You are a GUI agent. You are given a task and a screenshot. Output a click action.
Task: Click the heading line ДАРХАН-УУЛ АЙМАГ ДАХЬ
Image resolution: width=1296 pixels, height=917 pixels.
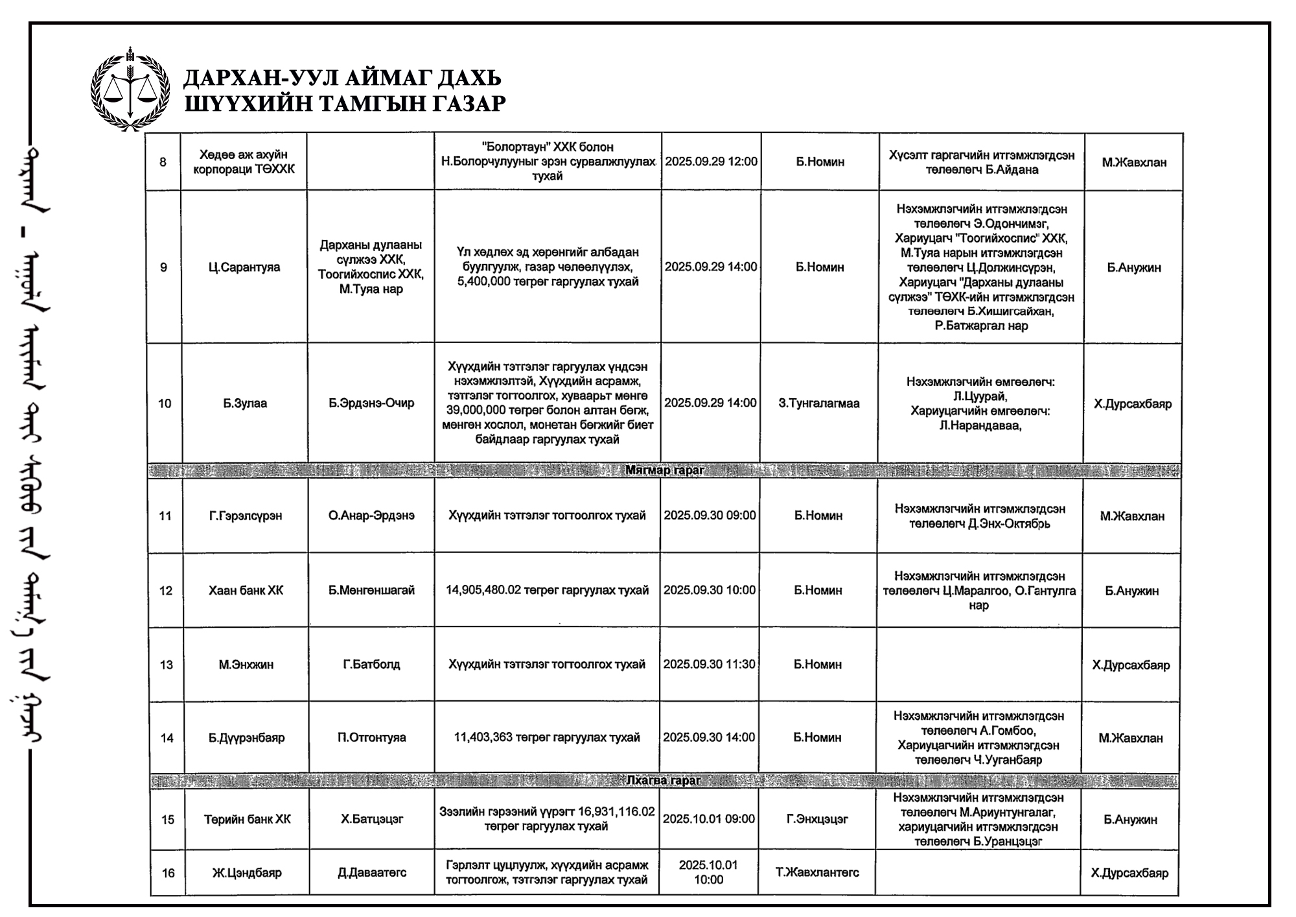tap(342, 78)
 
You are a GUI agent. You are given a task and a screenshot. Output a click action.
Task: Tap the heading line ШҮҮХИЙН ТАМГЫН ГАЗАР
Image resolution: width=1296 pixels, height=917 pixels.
tap(345, 103)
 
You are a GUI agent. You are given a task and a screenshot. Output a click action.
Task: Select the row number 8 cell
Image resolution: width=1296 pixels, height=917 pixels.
tap(163, 161)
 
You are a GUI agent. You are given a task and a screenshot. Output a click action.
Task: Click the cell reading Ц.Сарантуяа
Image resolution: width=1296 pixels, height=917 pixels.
tap(244, 267)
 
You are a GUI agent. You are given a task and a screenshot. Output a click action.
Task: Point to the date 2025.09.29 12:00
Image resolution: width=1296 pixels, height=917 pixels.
tap(711, 161)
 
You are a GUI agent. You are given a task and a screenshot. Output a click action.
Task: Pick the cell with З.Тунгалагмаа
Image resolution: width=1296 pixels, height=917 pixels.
tap(818, 403)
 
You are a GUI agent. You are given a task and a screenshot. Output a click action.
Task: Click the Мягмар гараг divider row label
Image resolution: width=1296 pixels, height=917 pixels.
tap(664, 470)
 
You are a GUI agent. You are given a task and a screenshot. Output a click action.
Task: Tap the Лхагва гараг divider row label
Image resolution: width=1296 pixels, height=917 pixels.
tap(664, 780)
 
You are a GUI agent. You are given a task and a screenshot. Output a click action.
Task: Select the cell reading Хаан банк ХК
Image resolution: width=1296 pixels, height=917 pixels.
tap(246, 590)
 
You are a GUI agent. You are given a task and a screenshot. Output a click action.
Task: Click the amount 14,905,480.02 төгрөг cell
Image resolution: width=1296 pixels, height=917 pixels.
tap(547, 590)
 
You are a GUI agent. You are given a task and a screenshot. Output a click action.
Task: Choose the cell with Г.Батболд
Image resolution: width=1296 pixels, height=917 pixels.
tap(371, 664)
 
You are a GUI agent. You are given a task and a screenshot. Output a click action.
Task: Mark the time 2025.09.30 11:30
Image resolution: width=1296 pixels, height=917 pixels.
tap(709, 664)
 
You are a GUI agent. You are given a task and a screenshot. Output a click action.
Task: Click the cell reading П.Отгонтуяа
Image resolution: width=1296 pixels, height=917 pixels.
tap(371, 737)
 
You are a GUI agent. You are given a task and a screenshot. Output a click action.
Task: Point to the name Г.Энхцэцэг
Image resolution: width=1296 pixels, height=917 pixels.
tap(817, 819)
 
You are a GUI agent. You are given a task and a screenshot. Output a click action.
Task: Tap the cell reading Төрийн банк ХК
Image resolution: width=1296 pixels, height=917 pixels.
tap(247, 819)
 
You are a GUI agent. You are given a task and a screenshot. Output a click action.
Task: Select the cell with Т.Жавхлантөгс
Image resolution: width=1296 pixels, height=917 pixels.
tap(817, 872)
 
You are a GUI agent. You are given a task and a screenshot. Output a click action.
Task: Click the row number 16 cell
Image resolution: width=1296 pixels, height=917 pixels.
tap(168, 873)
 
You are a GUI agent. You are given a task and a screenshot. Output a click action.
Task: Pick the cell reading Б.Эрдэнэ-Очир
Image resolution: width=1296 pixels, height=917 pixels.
tap(371, 403)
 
